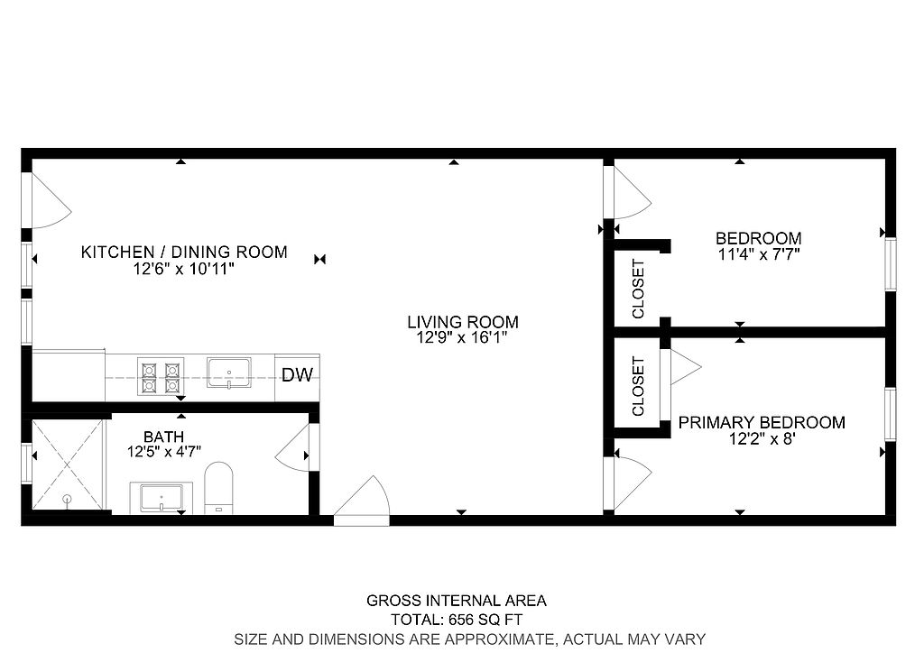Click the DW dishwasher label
click(x=297, y=375)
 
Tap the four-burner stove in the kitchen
click(x=161, y=376)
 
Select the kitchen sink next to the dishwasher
click(x=228, y=372)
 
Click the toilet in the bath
click(x=218, y=488)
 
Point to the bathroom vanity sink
click(x=162, y=499)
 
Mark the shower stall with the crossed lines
click(x=67, y=464)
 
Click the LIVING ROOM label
click(x=463, y=322)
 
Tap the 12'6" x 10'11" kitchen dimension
click(x=184, y=270)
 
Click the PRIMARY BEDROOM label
click(x=762, y=422)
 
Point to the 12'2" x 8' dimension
click(x=762, y=438)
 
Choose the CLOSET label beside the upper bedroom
click(x=638, y=289)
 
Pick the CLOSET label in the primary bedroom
click(x=638, y=386)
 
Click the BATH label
click(x=164, y=437)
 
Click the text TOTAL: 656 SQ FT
click(x=457, y=620)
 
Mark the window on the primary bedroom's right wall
click(x=891, y=415)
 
